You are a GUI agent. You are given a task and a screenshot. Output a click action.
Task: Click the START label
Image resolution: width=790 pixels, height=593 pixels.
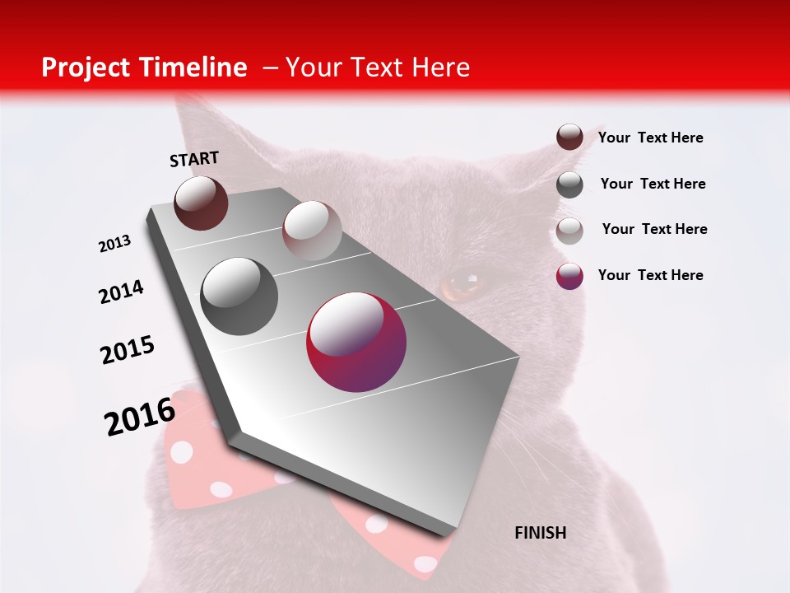(x=194, y=159)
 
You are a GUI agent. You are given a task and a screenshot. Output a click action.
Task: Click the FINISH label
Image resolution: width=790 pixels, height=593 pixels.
(x=540, y=533)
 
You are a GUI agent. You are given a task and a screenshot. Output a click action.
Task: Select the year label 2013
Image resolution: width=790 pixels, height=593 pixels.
(x=115, y=244)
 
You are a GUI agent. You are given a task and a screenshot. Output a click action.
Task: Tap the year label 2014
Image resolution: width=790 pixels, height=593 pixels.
(x=122, y=292)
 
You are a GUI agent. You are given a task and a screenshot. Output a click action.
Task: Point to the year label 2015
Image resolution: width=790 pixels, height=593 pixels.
(x=128, y=350)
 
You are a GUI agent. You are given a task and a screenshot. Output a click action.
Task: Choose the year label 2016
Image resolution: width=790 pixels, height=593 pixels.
(x=140, y=416)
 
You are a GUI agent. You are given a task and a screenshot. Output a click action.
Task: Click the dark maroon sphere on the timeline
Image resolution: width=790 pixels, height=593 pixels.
(x=201, y=203)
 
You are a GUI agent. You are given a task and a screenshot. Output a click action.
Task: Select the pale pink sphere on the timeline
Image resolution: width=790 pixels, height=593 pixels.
(x=312, y=231)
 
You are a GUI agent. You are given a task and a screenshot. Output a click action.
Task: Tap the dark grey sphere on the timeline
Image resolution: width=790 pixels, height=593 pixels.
(x=239, y=296)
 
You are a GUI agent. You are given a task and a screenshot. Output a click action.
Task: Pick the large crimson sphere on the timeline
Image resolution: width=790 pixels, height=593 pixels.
(x=356, y=342)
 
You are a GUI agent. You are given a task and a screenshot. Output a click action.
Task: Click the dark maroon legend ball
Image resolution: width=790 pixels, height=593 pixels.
(x=569, y=137)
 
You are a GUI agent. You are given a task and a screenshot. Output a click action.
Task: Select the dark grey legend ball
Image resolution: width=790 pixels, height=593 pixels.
(x=569, y=184)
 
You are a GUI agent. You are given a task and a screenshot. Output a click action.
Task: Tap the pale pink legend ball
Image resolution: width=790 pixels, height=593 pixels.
(x=569, y=231)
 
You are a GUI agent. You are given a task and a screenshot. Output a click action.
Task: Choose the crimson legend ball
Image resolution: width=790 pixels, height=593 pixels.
(x=569, y=276)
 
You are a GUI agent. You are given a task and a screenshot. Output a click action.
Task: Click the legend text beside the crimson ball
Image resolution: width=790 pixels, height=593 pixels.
(x=650, y=275)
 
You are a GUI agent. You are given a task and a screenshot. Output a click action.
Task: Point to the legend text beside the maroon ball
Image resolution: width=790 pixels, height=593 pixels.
(x=650, y=138)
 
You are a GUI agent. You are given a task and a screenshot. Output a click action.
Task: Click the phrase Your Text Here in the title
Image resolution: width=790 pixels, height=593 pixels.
(x=378, y=68)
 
